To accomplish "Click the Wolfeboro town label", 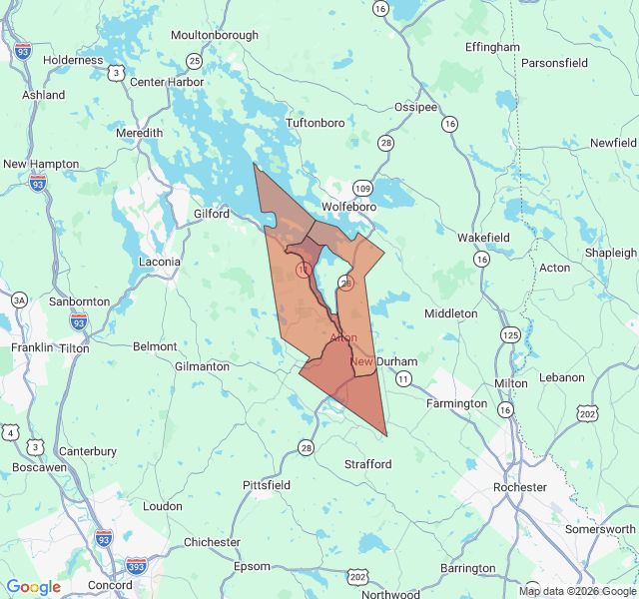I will click(x=348, y=207).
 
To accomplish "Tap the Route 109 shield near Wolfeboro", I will click(x=362, y=188).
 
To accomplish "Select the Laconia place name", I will click(x=159, y=262).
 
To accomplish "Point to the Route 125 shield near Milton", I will click(x=511, y=334).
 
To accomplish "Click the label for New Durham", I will click(x=376, y=360).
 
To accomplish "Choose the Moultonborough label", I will click(x=215, y=35).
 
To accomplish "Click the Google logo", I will click(x=34, y=587).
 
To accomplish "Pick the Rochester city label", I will click(x=520, y=487).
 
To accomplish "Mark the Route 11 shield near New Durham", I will click(x=403, y=378).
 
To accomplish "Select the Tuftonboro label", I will click(x=316, y=123).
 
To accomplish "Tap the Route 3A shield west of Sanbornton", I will click(x=19, y=299).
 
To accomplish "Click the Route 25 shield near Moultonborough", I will click(x=195, y=61).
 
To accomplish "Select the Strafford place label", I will click(x=368, y=464).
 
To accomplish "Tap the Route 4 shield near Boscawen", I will click(x=10, y=431).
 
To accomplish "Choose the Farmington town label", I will click(x=456, y=403).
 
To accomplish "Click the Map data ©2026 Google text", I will click(x=577, y=591).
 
